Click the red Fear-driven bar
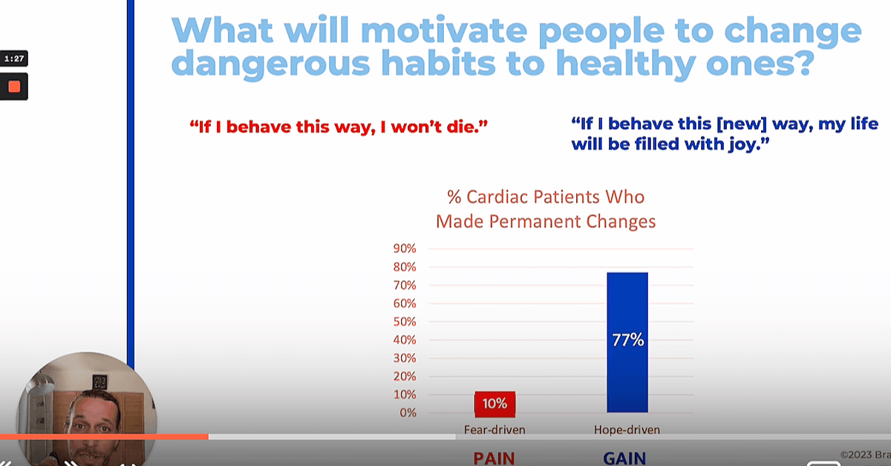tap(495, 404)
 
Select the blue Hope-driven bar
tap(627, 342)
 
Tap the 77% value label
tap(627, 340)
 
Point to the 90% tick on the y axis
tap(405, 249)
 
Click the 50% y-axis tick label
tap(405, 321)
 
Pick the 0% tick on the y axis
tap(408, 413)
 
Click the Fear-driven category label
tap(495, 430)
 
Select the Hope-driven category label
tap(627, 430)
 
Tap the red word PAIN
tap(494, 459)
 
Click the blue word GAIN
tap(624, 459)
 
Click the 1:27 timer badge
tap(14, 59)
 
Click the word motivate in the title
tap(444, 31)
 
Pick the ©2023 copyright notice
tap(865, 454)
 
